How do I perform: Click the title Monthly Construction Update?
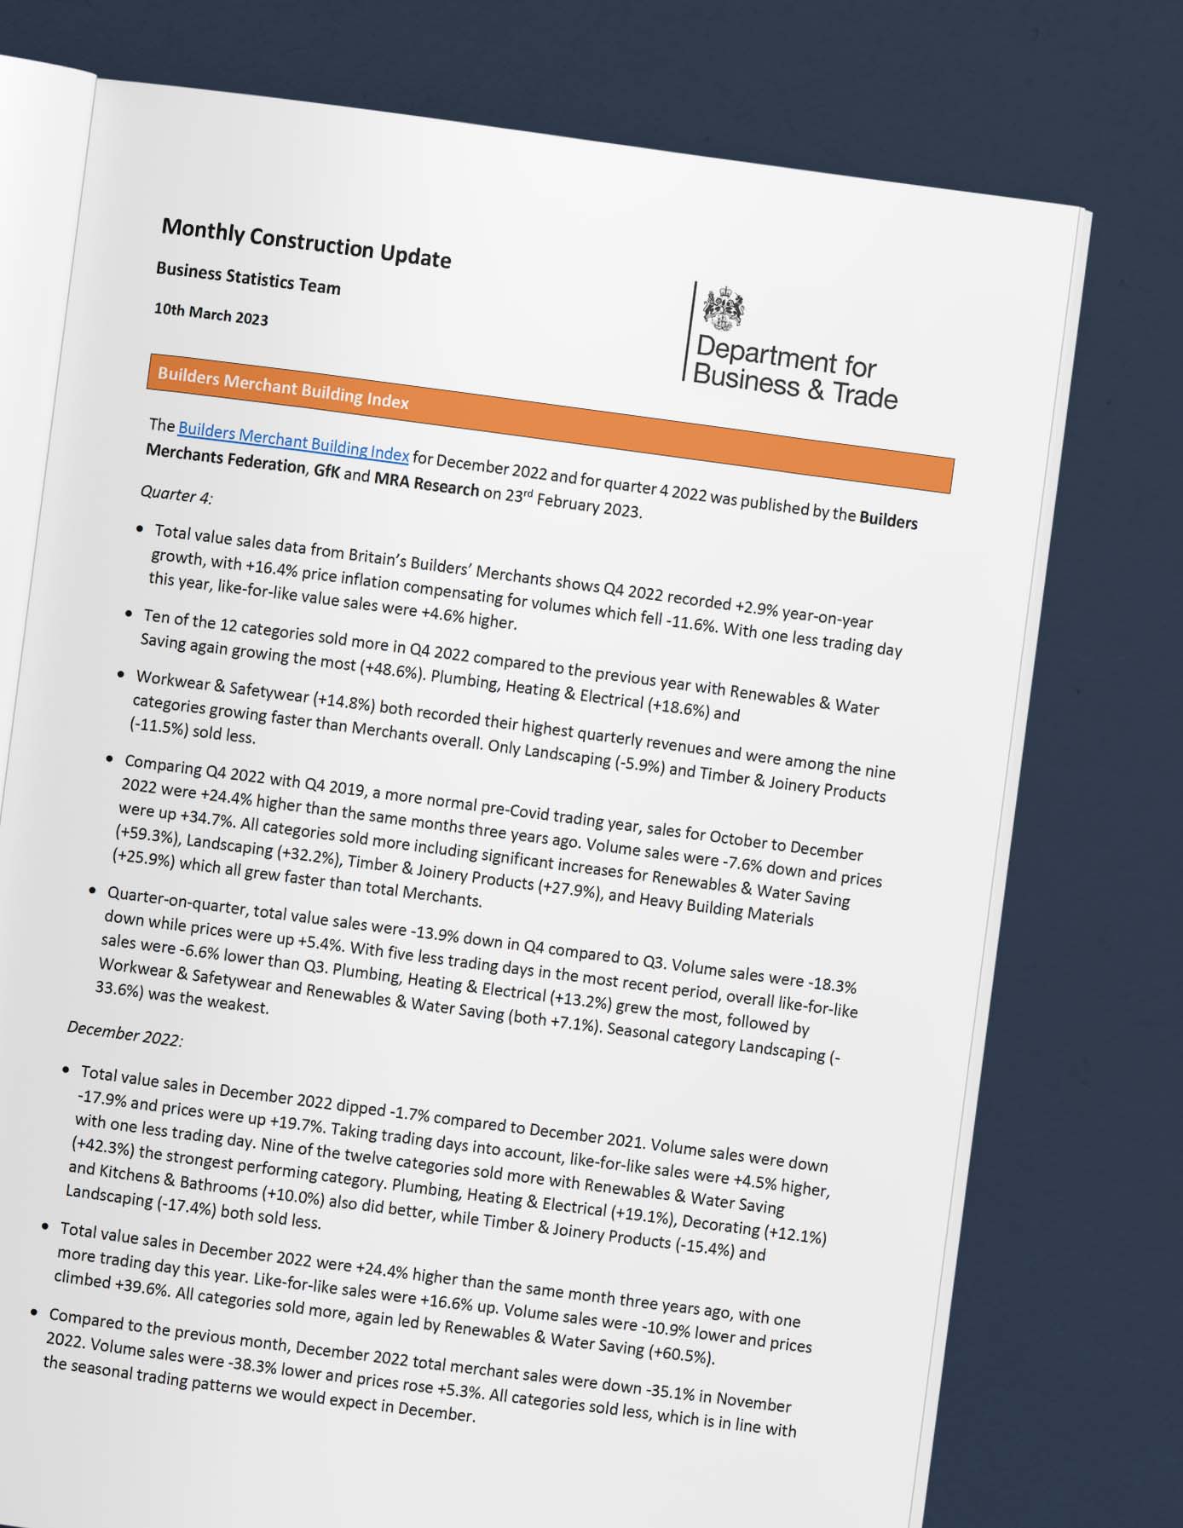pyautogui.click(x=306, y=243)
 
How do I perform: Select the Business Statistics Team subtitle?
pyautogui.click(x=248, y=279)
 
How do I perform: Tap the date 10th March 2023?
pyautogui.click(x=211, y=314)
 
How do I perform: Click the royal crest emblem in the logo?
pyautogui.click(x=723, y=308)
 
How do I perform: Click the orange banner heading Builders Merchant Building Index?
pyautogui.click(x=283, y=389)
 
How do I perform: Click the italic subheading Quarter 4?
pyautogui.click(x=176, y=494)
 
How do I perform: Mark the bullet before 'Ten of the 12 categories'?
pyautogui.click(x=130, y=613)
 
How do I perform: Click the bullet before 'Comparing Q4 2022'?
pyautogui.click(x=110, y=758)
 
